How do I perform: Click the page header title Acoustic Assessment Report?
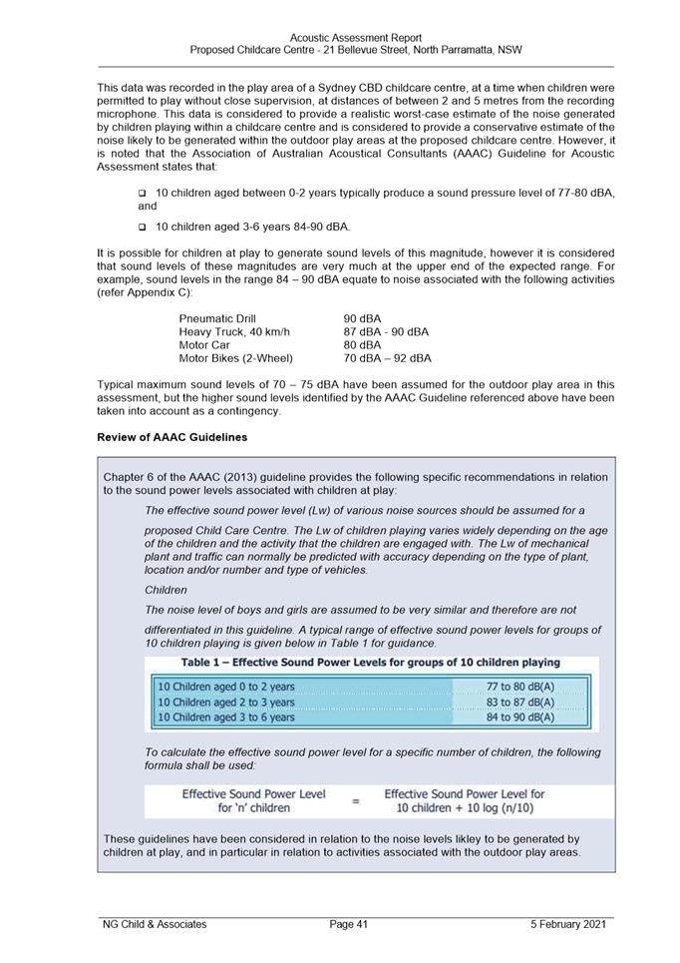tap(355, 38)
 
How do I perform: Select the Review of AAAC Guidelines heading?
tap(172, 437)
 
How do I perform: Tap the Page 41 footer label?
tap(349, 924)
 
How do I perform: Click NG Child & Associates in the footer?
tap(155, 924)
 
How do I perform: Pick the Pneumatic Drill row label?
tap(217, 319)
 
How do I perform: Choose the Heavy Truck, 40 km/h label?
tap(234, 332)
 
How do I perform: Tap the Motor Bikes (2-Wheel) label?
tap(236, 358)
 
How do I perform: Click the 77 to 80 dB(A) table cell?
tap(520, 687)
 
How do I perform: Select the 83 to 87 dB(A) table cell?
tap(520, 702)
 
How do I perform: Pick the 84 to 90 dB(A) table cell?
tap(520, 717)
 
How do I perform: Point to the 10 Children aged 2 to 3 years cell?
tap(227, 702)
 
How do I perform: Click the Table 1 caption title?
tap(370, 663)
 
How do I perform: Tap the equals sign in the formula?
tap(355, 801)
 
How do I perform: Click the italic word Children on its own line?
tap(166, 590)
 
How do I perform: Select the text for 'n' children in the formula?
tap(254, 808)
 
